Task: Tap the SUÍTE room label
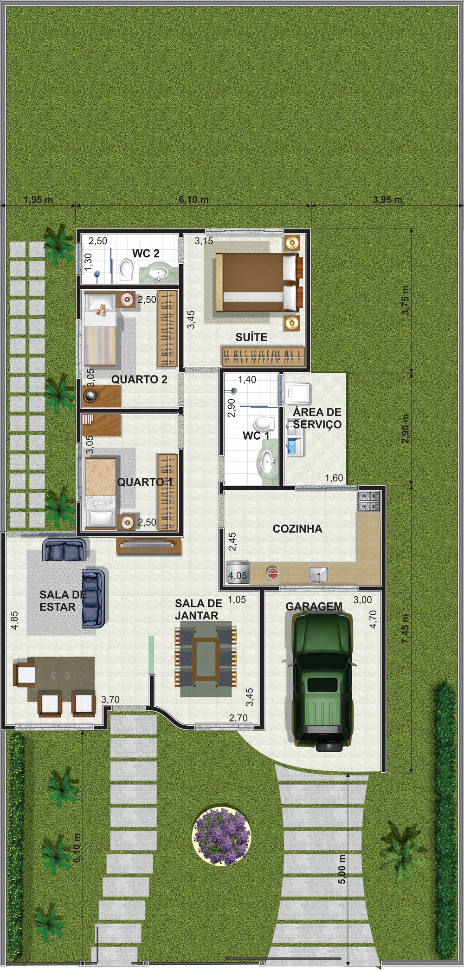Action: (x=251, y=337)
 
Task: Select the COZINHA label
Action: (x=297, y=528)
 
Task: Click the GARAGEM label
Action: (x=314, y=606)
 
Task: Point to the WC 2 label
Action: (x=146, y=253)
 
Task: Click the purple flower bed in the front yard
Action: (x=221, y=836)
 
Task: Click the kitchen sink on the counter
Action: (x=319, y=574)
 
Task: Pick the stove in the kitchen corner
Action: (x=368, y=502)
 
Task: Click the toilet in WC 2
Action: (x=126, y=270)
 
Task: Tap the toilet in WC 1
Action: (x=264, y=423)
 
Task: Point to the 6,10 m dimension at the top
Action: (x=193, y=200)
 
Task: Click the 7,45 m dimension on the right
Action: (x=405, y=628)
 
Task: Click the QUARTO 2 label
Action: (x=139, y=379)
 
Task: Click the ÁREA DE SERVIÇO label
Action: (x=317, y=418)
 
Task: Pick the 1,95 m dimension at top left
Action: (x=39, y=200)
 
